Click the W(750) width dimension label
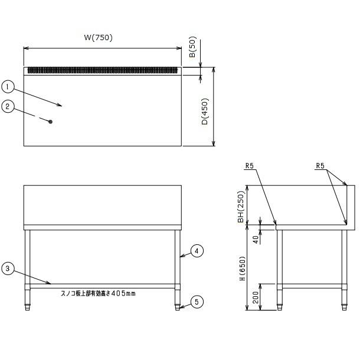99,37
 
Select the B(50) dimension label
192,47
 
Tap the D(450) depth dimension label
204,112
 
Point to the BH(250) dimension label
241,207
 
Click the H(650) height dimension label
243,268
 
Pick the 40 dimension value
256,240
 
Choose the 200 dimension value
256,297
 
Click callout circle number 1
8,87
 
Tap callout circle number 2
8,107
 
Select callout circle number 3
8,269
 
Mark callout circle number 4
197,251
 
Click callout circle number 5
197,302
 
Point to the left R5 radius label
249,165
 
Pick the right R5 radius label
320,165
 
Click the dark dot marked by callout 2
51,122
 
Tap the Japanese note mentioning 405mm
98,293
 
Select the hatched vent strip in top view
103,70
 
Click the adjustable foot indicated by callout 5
177,307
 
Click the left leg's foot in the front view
28,307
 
